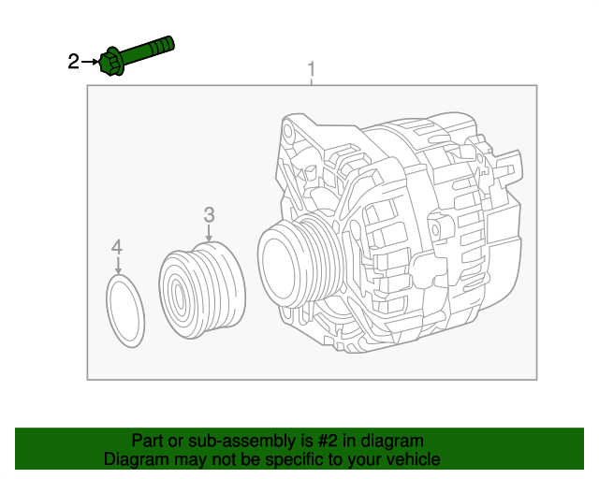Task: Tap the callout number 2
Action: click(73, 63)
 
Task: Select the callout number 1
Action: click(312, 70)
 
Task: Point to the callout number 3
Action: click(210, 215)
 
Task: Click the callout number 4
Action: click(116, 247)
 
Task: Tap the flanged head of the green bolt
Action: click(112, 62)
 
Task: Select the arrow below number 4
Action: click(117, 266)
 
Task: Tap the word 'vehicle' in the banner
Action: click(412, 459)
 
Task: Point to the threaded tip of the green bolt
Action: click(168, 43)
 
